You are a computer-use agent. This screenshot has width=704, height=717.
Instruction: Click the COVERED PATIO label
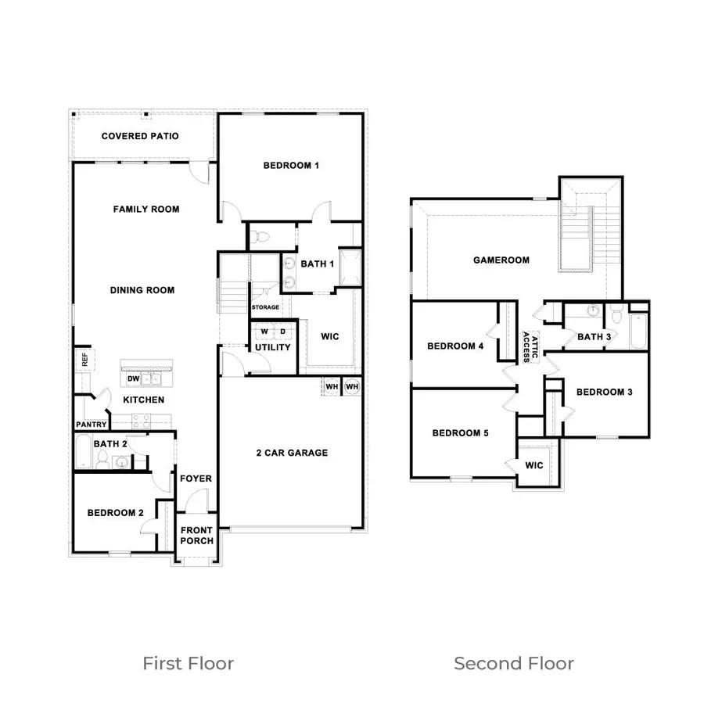[140, 136]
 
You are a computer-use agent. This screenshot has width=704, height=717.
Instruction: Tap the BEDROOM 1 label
[291, 166]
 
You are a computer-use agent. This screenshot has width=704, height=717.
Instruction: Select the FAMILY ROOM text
[146, 209]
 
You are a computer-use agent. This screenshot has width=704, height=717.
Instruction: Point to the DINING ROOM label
[142, 290]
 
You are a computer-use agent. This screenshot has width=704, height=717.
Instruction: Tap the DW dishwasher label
[133, 379]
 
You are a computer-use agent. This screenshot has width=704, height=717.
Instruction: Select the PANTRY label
[91, 425]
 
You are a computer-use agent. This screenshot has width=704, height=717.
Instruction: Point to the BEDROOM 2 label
[115, 513]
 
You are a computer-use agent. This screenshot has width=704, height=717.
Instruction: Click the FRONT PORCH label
[196, 536]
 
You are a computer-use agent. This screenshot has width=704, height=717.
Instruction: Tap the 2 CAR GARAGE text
[292, 453]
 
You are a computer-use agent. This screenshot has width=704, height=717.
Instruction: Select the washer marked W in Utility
[264, 332]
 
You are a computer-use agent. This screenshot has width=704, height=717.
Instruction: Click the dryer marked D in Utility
[283, 332]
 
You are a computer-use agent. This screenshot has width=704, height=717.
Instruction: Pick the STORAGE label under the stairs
[265, 307]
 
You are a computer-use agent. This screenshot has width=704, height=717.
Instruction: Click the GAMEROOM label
[501, 260]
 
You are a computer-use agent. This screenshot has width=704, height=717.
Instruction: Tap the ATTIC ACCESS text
[530, 344]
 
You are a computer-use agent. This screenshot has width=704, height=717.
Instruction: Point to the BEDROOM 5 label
[461, 433]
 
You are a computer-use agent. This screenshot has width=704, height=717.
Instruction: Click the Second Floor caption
[514, 664]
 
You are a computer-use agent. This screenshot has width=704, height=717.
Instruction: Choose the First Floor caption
[188, 664]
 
